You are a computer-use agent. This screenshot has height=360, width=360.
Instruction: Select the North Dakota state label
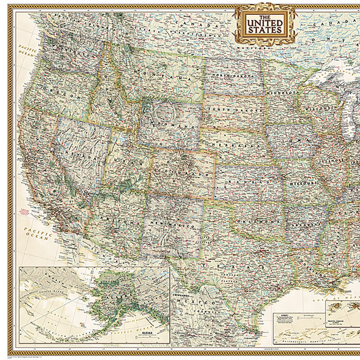click(x=228, y=77)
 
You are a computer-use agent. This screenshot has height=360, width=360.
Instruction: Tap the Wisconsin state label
click(x=320, y=108)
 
